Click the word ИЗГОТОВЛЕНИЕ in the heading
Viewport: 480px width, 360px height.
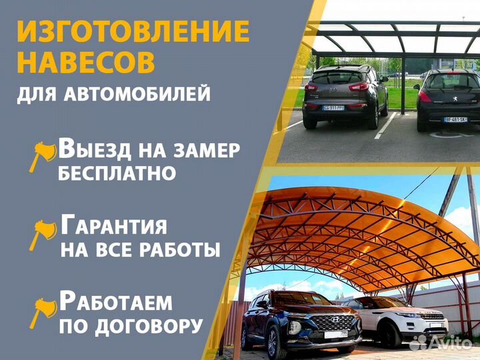point(133,31)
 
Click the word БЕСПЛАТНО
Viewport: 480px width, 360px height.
point(117,173)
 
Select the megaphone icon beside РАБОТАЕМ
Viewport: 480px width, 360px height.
point(41,309)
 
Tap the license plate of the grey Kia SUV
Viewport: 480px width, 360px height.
point(333,107)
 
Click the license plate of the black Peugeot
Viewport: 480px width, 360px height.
point(455,119)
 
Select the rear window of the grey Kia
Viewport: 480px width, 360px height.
point(337,77)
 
